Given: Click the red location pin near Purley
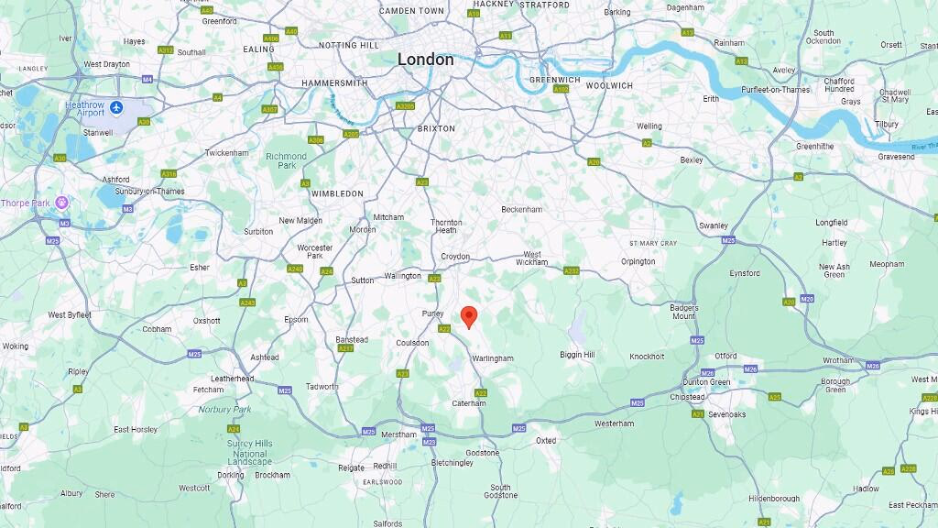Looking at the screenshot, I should click(469, 316).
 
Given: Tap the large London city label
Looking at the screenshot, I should click(425, 60).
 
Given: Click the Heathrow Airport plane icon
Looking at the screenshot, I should click(116, 107).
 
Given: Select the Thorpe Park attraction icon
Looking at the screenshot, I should click(62, 202).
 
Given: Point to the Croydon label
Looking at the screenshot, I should click(455, 257).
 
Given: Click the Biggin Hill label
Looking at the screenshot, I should click(577, 355).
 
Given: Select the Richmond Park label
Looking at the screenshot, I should click(286, 160).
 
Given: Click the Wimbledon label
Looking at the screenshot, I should click(337, 193).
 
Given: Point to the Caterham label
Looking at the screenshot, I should click(468, 403).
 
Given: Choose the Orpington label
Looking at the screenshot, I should click(638, 261).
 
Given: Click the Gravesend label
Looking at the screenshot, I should click(896, 157).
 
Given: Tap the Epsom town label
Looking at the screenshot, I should click(296, 319).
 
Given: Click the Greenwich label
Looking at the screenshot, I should click(554, 80).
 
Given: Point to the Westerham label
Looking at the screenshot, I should click(614, 423).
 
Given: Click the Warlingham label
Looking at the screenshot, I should click(492, 358).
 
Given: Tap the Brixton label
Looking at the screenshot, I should click(436, 128).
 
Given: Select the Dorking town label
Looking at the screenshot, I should click(231, 475).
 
